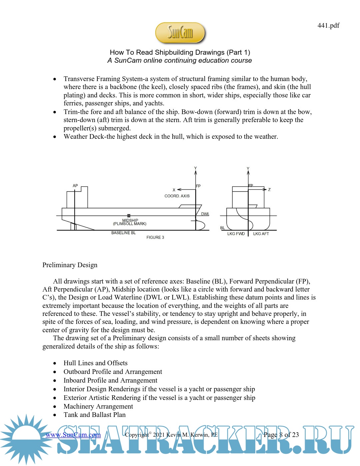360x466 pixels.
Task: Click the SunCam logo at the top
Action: pos(180,33)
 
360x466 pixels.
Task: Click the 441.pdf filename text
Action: pos(328,26)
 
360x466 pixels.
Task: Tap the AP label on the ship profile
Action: pos(75,186)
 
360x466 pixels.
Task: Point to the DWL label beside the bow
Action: pos(205,214)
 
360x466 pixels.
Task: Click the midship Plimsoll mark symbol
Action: pos(129,216)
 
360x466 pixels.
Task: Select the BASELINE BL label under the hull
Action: pos(123,233)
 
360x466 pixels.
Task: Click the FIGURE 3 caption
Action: pos(155,238)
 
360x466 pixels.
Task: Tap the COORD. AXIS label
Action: pos(177,196)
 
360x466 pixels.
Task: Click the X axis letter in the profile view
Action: pos(174,190)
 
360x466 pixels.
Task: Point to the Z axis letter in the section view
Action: pos(269,190)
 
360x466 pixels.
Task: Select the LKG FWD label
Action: pos(236,234)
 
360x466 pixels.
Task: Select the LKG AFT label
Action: pos(261,234)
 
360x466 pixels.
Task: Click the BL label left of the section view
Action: pos(222,228)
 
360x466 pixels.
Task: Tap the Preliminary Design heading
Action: pos(70,265)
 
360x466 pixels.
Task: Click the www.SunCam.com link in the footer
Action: pos(73,435)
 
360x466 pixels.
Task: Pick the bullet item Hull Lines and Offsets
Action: pos(95,363)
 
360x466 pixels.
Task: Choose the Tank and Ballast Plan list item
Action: pos(95,415)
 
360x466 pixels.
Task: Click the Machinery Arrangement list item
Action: pos(98,406)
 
